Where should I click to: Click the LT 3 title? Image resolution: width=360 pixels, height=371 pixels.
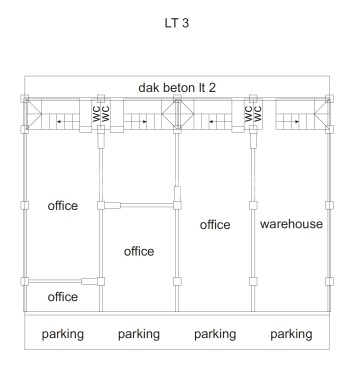pyautogui.click(x=177, y=23)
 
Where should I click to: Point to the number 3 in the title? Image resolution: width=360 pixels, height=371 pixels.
pyautogui.click(x=185, y=23)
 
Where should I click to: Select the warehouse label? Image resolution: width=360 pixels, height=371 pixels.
pyautogui.click(x=291, y=224)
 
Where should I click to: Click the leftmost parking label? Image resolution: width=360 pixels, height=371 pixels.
pyautogui.click(x=63, y=334)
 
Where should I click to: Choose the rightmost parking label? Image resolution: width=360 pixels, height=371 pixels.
pyautogui.click(x=291, y=334)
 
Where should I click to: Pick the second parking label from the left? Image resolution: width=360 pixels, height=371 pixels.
pyautogui.click(x=139, y=334)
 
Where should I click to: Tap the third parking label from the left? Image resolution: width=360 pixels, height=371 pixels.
pyautogui.click(x=215, y=334)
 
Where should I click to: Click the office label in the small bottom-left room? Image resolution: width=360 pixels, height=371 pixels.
pyautogui.click(x=63, y=297)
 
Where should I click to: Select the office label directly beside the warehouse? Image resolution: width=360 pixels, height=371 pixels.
pyautogui.click(x=215, y=225)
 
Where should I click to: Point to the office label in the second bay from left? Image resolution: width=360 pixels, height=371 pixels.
pyautogui.click(x=139, y=251)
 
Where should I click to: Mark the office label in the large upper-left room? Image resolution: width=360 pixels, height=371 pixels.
pyautogui.click(x=63, y=205)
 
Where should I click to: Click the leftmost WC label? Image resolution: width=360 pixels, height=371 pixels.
pyautogui.click(x=97, y=114)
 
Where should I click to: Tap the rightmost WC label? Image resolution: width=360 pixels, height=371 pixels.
pyautogui.click(x=258, y=114)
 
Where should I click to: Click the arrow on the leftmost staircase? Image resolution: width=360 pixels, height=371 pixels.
pyautogui.click(x=60, y=122)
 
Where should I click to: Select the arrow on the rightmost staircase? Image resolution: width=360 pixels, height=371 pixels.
pyautogui.click(x=295, y=122)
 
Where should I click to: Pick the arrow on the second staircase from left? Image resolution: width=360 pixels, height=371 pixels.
pyautogui.click(x=143, y=122)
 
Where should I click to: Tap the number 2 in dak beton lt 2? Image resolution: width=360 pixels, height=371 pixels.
pyautogui.click(x=212, y=88)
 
